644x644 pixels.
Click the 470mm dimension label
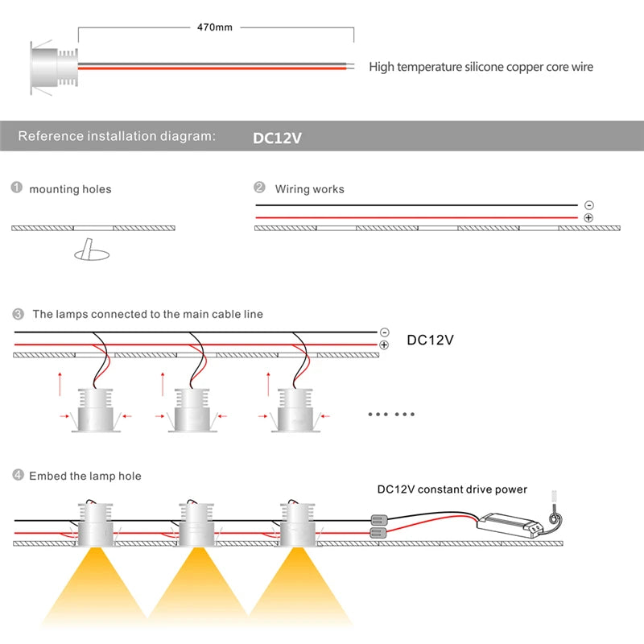pyautogui.click(x=215, y=27)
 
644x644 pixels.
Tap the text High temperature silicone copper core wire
pyautogui.click(x=481, y=67)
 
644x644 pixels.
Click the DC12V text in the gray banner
pyautogui.click(x=277, y=138)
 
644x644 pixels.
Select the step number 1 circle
pyautogui.click(x=16, y=188)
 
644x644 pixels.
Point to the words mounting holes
pyautogui.click(x=70, y=189)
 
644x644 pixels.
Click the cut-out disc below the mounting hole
pyautogui.click(x=90, y=254)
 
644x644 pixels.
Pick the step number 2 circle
pyautogui.click(x=259, y=188)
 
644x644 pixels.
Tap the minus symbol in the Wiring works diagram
pyautogui.click(x=588, y=206)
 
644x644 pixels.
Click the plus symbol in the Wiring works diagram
pyautogui.click(x=588, y=218)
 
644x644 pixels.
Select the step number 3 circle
pyautogui.click(x=17, y=313)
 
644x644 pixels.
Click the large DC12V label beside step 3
pyautogui.click(x=430, y=340)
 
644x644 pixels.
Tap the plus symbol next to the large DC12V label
pyautogui.click(x=384, y=345)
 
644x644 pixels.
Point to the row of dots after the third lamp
pyautogui.click(x=390, y=414)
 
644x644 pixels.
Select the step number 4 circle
pyautogui.click(x=17, y=476)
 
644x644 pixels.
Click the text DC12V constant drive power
pyautogui.click(x=452, y=489)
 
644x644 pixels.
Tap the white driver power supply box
pyautogui.click(x=510, y=525)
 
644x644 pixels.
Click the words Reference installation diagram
pyautogui.click(x=117, y=136)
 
